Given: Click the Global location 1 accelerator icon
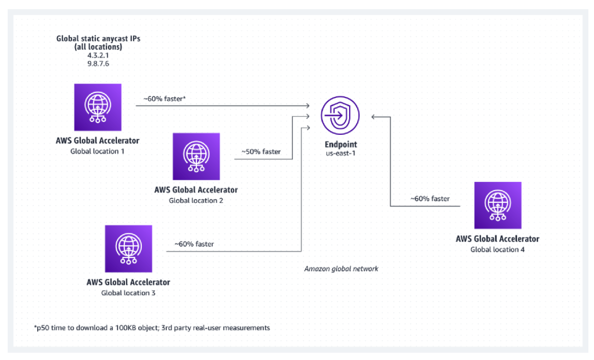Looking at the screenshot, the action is (x=98, y=107).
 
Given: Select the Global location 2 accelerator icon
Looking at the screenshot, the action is (x=196, y=156).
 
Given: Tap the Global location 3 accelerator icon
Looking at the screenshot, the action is (x=129, y=249).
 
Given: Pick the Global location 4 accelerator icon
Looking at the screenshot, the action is (x=498, y=205).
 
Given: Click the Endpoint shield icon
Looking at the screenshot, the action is (x=340, y=115).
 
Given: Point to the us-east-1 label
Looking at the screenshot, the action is (x=340, y=154).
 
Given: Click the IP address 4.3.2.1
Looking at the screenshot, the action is (x=98, y=55).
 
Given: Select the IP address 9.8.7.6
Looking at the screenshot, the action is (x=98, y=64).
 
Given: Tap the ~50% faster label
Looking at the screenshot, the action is (x=261, y=152).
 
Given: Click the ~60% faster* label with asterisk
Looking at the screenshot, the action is (x=164, y=99).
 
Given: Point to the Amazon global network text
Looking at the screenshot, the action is (x=341, y=269).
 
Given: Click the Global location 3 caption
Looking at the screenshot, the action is (x=128, y=293).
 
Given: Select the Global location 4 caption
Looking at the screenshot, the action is (x=498, y=249).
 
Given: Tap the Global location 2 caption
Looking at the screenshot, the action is (x=196, y=201).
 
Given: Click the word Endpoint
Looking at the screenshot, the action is (x=340, y=145).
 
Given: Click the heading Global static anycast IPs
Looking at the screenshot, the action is (x=98, y=38).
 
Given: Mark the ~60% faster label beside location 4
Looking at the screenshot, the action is (x=430, y=199).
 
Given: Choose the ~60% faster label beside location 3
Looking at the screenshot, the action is (x=194, y=244).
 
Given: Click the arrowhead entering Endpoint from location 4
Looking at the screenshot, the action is (x=374, y=117).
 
